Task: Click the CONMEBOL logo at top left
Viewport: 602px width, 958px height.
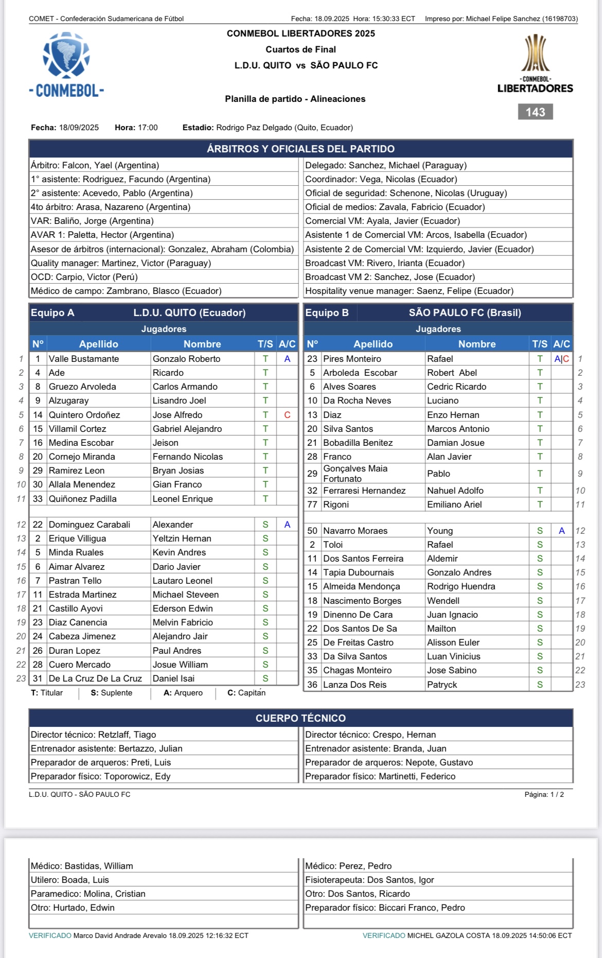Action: click(x=66, y=65)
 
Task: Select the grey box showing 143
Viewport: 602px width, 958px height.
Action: click(x=535, y=112)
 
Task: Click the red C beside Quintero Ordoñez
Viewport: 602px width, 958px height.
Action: click(x=287, y=415)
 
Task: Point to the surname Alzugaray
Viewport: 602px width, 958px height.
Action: click(x=68, y=400)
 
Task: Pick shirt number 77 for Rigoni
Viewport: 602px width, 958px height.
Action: click(x=312, y=504)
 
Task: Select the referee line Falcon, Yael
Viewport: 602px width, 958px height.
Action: click(x=95, y=165)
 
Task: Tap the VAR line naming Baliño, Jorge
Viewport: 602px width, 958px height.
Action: click(x=92, y=221)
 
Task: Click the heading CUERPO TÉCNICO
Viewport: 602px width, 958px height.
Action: click(x=300, y=718)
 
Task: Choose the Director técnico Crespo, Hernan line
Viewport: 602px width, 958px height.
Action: click(x=370, y=735)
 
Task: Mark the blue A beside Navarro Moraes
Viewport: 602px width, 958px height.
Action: click(x=561, y=531)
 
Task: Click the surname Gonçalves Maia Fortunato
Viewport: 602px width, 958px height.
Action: click(x=355, y=474)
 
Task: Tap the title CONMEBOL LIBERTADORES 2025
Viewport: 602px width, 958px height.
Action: click(x=301, y=33)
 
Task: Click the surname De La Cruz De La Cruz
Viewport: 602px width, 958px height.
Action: click(x=95, y=678)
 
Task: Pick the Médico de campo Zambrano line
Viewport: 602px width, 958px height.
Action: click(x=126, y=291)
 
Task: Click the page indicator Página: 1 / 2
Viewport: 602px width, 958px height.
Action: click(x=544, y=794)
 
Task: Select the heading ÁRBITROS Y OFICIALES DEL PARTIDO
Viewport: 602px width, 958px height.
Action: click(x=300, y=149)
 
